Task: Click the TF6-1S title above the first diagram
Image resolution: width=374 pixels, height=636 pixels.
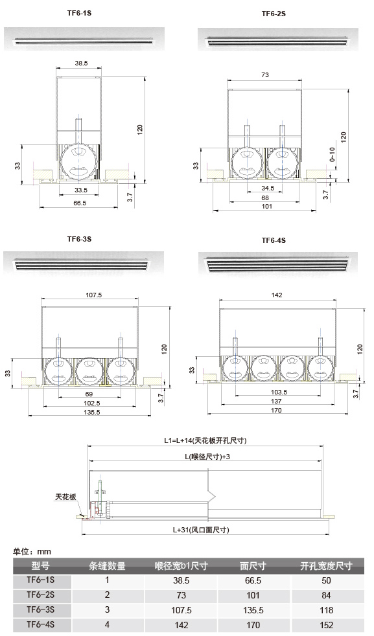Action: pyautogui.click(x=79, y=13)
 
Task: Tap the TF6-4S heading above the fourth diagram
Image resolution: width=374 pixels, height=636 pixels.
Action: pyautogui.click(x=274, y=240)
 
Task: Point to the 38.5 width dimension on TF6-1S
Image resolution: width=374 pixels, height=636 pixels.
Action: pyautogui.click(x=81, y=63)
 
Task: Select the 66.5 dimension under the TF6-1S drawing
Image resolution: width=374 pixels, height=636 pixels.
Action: pyautogui.click(x=80, y=203)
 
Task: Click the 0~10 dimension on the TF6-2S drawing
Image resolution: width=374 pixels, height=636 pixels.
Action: pyautogui.click(x=332, y=155)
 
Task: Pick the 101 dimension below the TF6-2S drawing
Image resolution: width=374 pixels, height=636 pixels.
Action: pyautogui.click(x=267, y=207)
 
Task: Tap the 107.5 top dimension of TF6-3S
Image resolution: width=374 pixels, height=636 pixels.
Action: pyautogui.click(x=94, y=295)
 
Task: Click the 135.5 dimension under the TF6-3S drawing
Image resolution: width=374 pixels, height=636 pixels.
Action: pyautogui.click(x=92, y=412)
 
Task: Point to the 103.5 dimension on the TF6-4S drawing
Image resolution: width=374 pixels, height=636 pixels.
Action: pyautogui.click(x=279, y=392)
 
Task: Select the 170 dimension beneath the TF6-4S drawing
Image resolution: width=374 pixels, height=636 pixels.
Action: pyautogui.click(x=276, y=410)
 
